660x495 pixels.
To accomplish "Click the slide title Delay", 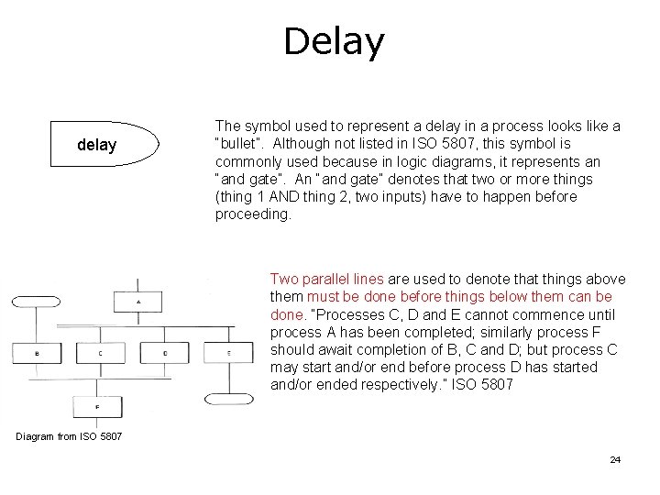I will click(x=334, y=41).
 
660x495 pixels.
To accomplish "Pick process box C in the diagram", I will click(x=100, y=352).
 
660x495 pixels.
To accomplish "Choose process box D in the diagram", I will click(x=164, y=352).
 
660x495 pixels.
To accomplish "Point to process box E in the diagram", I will click(x=228, y=352).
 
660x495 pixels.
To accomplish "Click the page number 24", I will click(x=615, y=459).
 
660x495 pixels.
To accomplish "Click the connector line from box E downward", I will click(x=228, y=379).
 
